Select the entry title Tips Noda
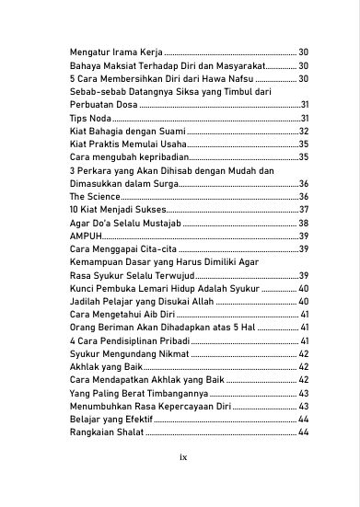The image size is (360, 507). [87, 119]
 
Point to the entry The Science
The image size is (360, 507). [94, 197]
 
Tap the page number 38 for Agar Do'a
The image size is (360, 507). [303, 224]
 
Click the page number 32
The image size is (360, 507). [303, 132]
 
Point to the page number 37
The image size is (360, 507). [303, 210]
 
